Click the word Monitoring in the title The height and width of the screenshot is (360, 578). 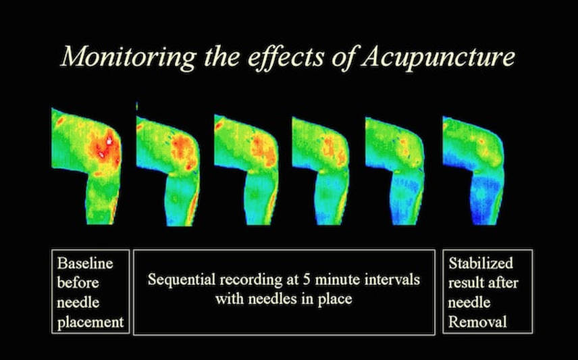(128, 57)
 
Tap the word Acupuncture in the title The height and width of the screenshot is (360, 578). (437, 57)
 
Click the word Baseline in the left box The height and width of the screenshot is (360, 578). (85, 263)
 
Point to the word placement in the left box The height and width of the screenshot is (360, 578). (90, 322)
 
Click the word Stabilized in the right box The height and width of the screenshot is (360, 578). (481, 263)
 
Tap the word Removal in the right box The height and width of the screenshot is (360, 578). (477, 322)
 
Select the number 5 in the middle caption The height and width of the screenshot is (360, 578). (306, 280)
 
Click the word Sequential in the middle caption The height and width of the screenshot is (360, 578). (182, 280)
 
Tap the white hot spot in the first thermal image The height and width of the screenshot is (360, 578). (109, 141)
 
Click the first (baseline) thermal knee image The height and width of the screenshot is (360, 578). (87, 166)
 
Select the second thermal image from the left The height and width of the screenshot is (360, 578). (168, 170)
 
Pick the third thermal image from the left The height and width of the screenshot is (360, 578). (246, 170)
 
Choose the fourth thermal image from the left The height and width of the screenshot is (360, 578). (321, 170)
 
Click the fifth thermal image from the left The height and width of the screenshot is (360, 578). (395, 170)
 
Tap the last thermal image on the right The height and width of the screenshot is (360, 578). (473, 170)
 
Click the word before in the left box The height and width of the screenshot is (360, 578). (78, 283)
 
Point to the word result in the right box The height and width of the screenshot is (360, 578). (465, 283)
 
